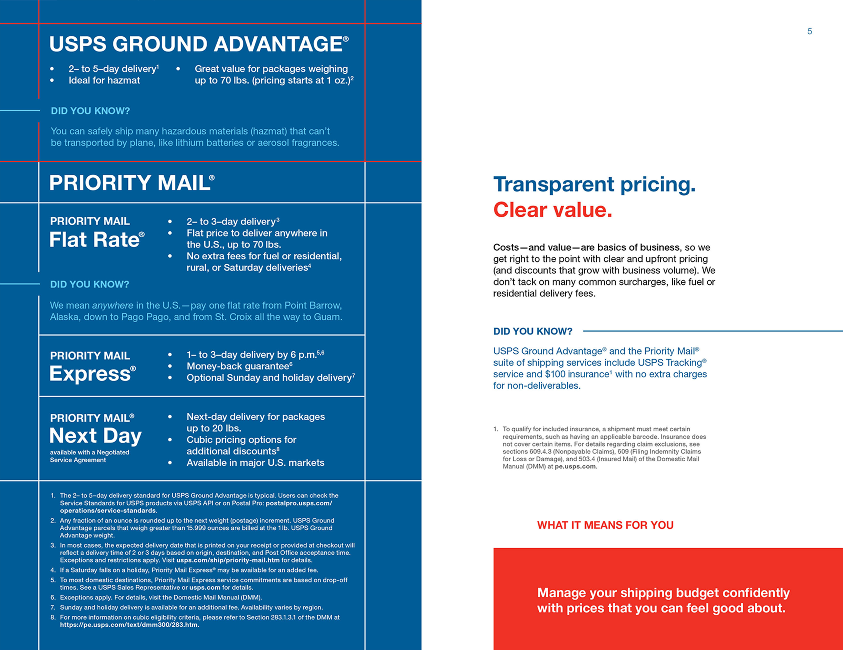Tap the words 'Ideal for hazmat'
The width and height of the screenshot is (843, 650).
[104, 80]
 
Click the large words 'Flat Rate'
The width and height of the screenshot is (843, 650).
[97, 240]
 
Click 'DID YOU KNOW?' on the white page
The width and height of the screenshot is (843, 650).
[533, 331]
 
